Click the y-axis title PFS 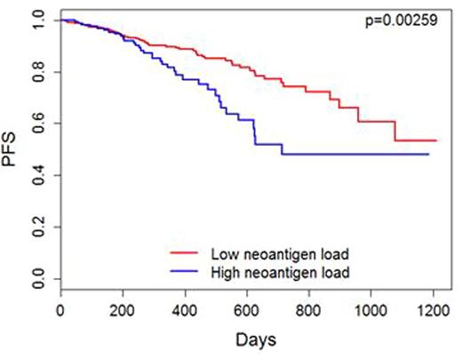[13, 149]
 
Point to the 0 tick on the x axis [60, 310]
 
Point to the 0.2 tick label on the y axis [36, 229]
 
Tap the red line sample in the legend [187, 254]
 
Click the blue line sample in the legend [187, 270]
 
